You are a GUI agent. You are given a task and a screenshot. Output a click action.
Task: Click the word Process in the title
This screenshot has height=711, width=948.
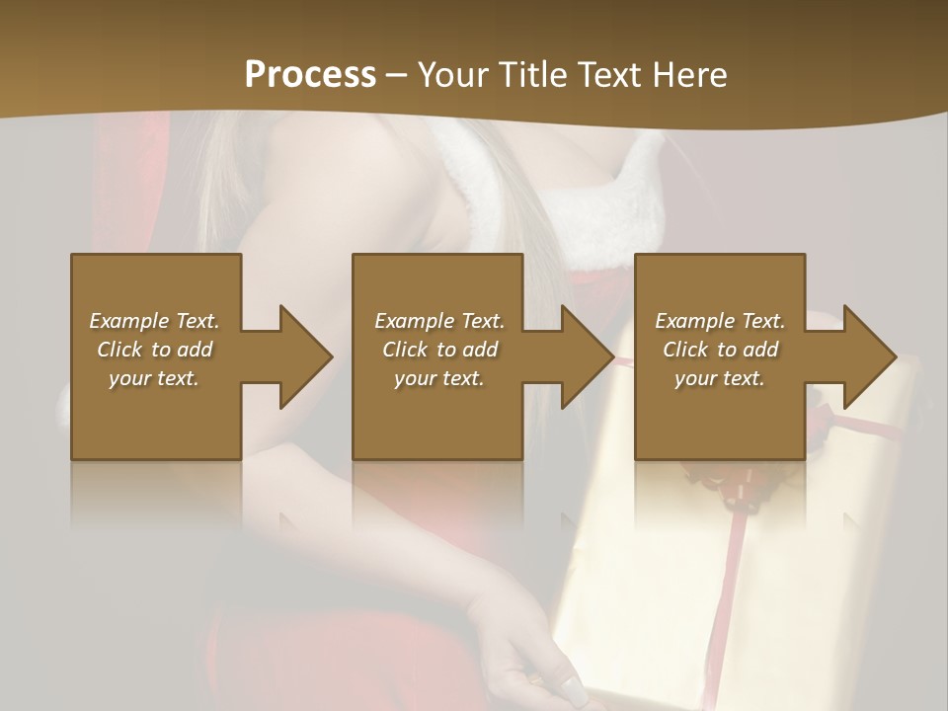pos(310,75)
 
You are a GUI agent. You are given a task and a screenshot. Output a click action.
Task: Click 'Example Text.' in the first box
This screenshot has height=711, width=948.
pos(154,321)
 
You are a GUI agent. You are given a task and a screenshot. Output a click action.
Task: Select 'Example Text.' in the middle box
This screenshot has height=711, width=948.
pos(439,321)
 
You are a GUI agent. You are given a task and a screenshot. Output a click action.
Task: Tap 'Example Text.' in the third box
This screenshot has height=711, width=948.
pos(720,321)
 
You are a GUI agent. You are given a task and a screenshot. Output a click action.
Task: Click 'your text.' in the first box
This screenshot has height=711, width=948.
pos(154,378)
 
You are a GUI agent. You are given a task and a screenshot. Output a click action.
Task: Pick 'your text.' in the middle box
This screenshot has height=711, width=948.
pos(439,378)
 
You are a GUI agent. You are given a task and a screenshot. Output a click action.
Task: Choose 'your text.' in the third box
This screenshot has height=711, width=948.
pos(720,378)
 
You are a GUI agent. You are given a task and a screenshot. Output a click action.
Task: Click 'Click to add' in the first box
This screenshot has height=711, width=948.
pos(154,350)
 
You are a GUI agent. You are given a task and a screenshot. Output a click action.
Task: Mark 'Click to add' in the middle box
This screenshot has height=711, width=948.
pos(439,350)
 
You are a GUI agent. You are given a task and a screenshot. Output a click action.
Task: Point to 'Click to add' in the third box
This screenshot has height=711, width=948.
pos(720,350)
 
